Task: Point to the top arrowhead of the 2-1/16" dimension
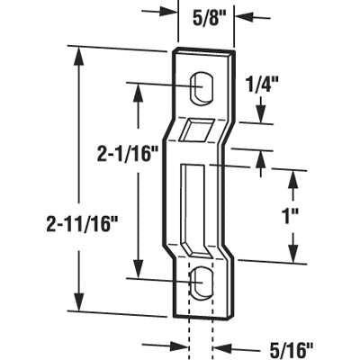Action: coord(137,90)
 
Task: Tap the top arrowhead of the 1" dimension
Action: coord(294,173)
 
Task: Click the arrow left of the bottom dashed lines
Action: coord(176,345)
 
